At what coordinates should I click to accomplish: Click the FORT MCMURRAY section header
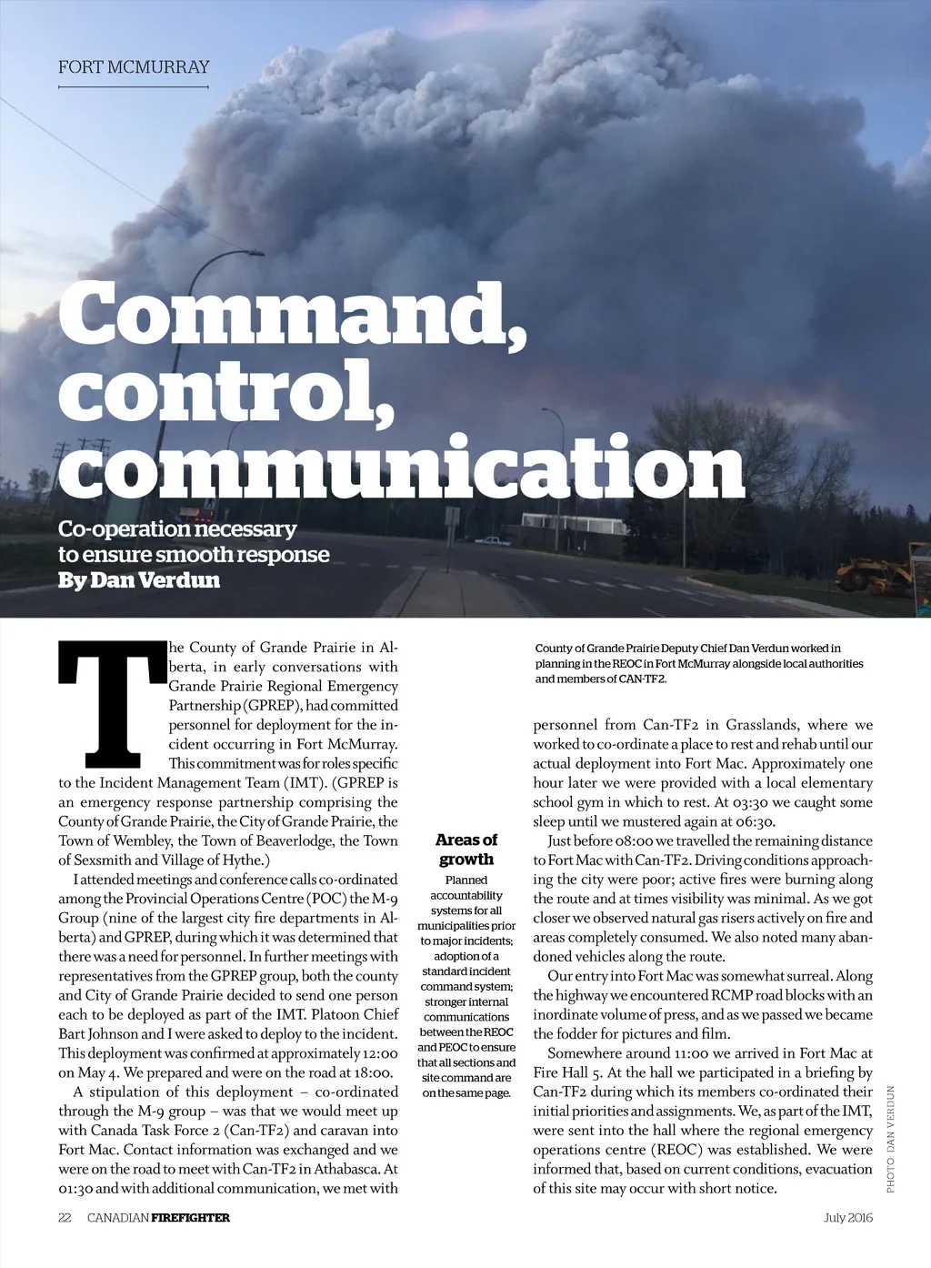pos(134,67)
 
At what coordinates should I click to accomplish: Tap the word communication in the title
pos(401,468)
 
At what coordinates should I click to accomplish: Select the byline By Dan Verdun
pos(139,580)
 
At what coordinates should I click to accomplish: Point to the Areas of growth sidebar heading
pos(466,850)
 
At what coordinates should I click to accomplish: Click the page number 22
pos(65,1217)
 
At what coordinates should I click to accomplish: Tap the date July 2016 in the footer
pos(847,1217)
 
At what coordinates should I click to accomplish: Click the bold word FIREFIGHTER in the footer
pos(191,1217)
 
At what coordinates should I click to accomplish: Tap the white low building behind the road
pos(574,525)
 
